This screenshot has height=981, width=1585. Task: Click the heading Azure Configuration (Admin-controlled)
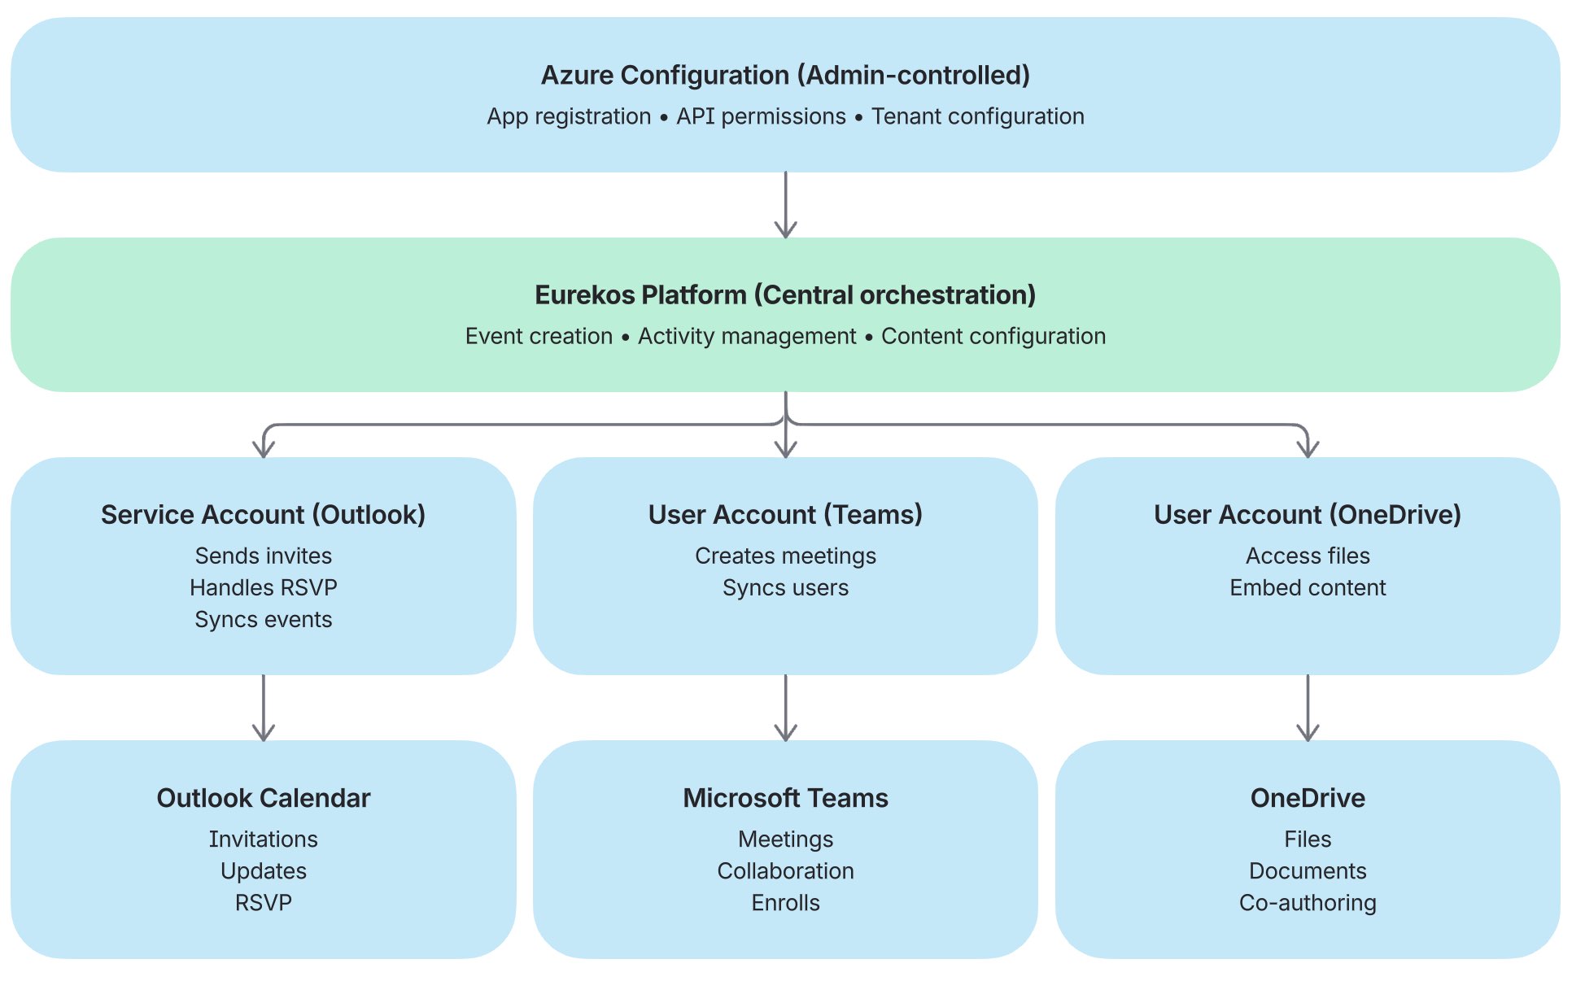(x=785, y=75)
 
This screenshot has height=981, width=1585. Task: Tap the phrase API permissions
(x=761, y=116)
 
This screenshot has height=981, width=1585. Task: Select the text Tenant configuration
(x=977, y=116)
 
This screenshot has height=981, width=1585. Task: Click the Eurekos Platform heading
(x=785, y=294)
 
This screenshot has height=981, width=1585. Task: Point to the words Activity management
(x=746, y=336)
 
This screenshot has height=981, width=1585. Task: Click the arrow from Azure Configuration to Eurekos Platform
(x=785, y=205)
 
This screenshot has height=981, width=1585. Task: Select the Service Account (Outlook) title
(x=263, y=514)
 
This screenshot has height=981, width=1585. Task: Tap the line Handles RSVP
(x=263, y=587)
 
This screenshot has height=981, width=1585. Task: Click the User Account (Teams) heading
(x=785, y=514)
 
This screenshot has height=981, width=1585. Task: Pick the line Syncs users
(x=785, y=587)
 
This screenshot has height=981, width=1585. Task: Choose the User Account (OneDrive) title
(x=1307, y=514)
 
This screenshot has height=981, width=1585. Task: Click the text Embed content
(x=1307, y=587)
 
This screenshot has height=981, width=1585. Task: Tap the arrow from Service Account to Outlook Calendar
(x=263, y=708)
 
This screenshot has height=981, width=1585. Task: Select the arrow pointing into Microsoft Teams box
(x=785, y=708)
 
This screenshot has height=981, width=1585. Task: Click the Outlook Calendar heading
(x=263, y=798)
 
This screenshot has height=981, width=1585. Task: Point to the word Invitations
(x=263, y=839)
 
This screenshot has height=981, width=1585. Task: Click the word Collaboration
(x=785, y=870)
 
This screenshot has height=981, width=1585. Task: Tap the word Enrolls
(x=785, y=902)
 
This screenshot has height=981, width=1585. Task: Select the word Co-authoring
(x=1307, y=902)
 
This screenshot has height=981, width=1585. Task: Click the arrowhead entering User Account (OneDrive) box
(x=1307, y=448)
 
